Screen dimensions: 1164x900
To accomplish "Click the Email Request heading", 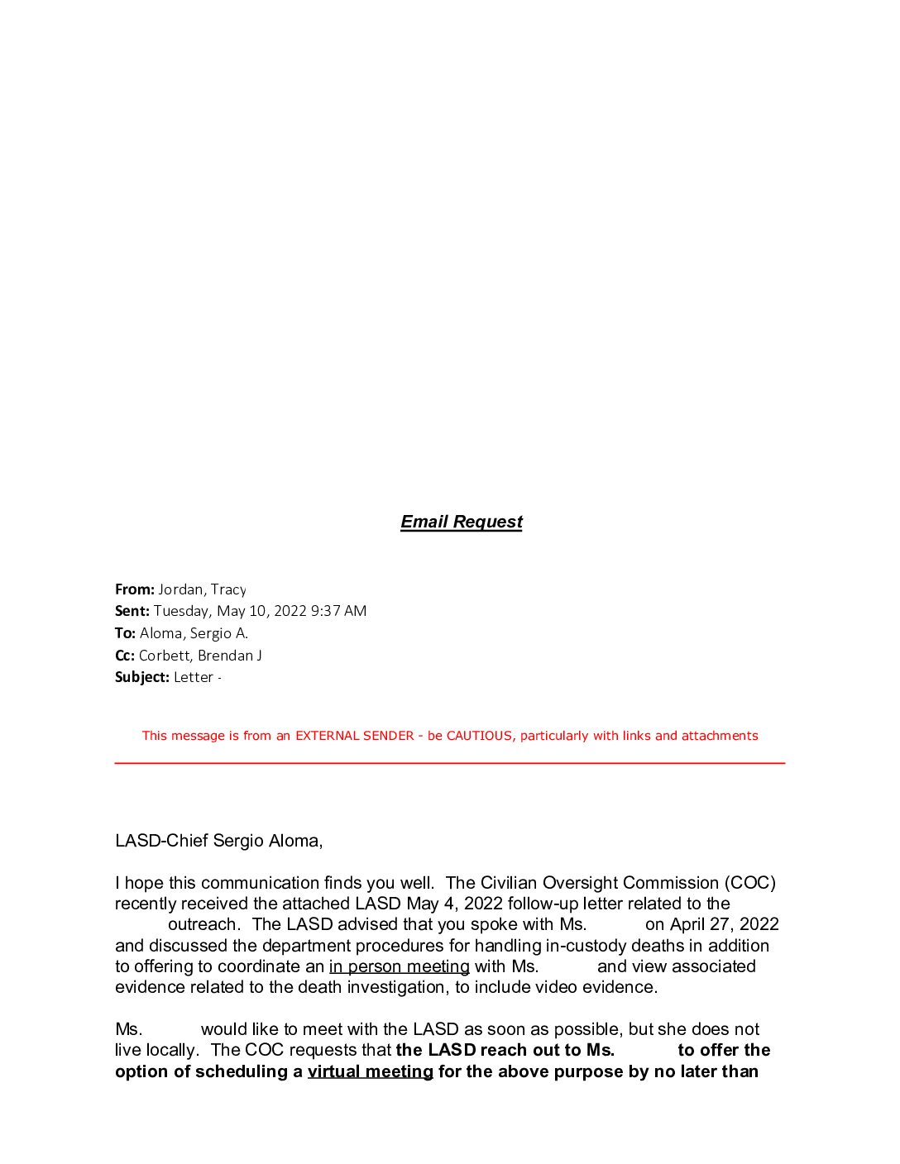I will point(461,522).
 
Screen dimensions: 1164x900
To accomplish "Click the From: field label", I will point(134,589).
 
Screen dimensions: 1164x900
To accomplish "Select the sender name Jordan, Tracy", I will point(202,589).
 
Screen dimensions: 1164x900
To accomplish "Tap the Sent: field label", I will point(132,611).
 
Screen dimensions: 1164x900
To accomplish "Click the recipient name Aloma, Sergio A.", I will point(194,633).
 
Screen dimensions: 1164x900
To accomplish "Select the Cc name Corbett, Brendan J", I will point(200,656).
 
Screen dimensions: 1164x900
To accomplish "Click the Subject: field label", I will point(141,677).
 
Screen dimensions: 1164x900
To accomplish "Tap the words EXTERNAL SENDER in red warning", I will point(355,736).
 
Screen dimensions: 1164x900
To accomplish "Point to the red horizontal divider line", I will point(449,763).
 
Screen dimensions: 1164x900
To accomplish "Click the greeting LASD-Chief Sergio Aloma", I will point(218,841).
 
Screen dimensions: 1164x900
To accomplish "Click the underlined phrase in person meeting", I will point(399,966).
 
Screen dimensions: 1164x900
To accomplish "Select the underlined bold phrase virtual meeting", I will point(370,1071).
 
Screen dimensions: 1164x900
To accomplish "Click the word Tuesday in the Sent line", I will point(181,611).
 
